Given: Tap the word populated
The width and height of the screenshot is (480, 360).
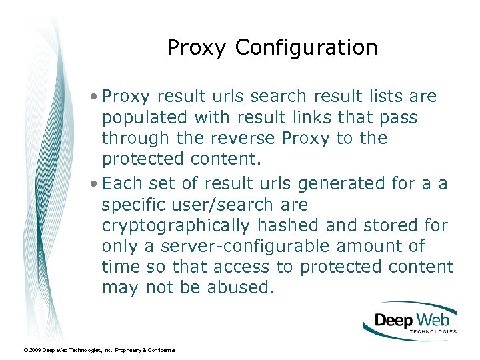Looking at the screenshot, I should (145, 118).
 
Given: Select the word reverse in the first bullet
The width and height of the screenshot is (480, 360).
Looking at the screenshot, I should (244, 139).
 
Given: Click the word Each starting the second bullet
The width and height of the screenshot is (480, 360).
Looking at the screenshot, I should (119, 183).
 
